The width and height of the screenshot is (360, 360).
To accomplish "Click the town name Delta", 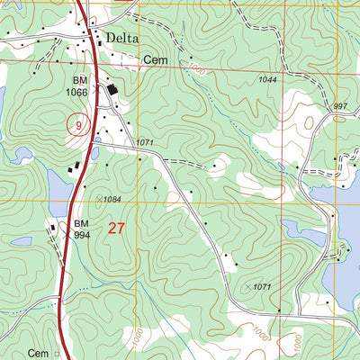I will pos(123,38).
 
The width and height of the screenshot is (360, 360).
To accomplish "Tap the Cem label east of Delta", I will pos(154,61).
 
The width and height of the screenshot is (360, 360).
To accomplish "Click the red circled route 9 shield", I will pos(79,125).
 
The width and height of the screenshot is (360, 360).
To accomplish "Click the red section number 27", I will pos(116,228).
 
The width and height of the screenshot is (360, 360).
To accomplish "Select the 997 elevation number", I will pos(340,106).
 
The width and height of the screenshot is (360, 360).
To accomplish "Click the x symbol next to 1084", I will pos(98,198).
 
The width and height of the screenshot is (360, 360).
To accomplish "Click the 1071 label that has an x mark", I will pos(262,286).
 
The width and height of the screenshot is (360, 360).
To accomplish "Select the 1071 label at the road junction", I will pos(146,142).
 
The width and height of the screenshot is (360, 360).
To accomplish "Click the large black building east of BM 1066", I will pos(112,91).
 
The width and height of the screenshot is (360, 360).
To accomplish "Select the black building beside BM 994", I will pos(53,229).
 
